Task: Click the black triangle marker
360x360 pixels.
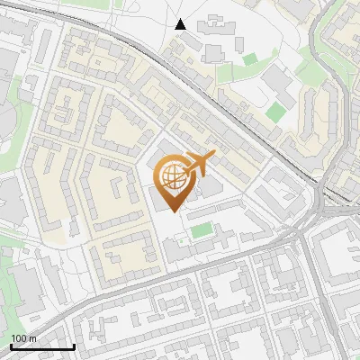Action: pyautogui.click(x=181, y=24)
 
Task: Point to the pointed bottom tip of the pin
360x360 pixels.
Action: pyautogui.click(x=172, y=211)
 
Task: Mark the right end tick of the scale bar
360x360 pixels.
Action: pyautogui.click(x=74, y=346)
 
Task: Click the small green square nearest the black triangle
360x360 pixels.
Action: pyautogui.click(x=249, y=59)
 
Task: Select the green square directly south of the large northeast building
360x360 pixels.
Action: pyautogui.click(x=275, y=112)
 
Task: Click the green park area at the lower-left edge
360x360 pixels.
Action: pyautogui.click(x=9, y=279)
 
